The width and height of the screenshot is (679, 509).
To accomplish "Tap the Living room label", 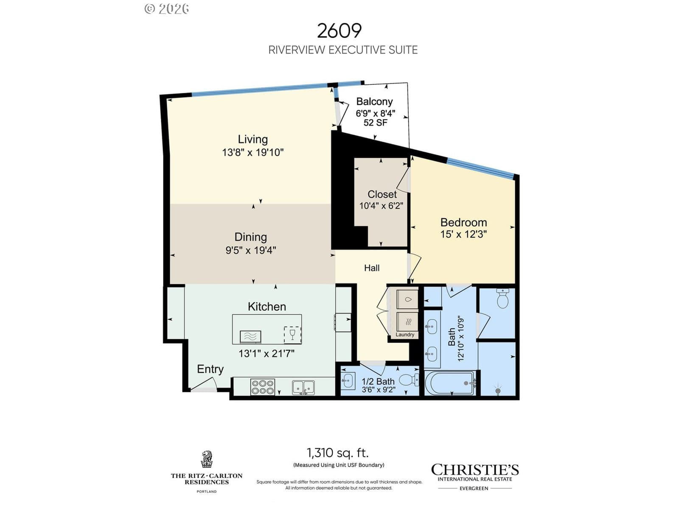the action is click(253, 140).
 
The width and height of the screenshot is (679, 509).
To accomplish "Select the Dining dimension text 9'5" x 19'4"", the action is click(250, 250).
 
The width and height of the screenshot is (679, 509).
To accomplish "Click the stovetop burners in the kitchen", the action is click(263, 387).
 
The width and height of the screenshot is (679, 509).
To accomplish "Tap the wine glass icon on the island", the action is click(292, 334).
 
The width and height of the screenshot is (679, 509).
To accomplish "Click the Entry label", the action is click(210, 369).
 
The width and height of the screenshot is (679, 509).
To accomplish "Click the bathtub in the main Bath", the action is click(450, 383).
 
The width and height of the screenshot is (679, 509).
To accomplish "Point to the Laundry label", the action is click(404, 335).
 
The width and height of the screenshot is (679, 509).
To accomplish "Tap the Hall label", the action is click(371, 268).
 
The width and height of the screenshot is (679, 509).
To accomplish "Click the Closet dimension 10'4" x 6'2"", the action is click(381, 206).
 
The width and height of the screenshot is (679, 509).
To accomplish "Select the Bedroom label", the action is click(463, 223).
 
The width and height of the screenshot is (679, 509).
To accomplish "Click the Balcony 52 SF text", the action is click(375, 123).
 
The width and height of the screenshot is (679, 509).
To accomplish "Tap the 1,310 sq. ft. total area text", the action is click(338, 453).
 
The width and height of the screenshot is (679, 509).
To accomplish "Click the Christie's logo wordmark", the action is click(475, 470).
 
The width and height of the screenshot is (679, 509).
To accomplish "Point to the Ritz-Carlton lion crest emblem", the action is click(207, 459).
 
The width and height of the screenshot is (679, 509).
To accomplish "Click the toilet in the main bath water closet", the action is click(503, 299).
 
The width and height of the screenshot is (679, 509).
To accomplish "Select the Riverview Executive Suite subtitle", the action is click(343, 50).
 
